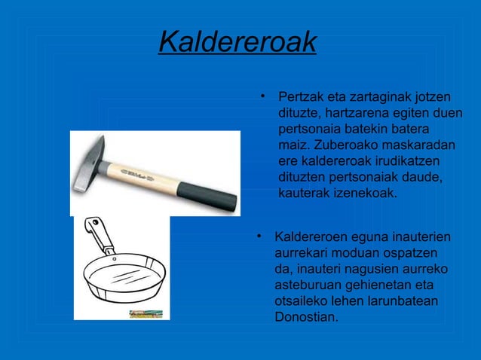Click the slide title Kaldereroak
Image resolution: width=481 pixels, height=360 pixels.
[x=237, y=42]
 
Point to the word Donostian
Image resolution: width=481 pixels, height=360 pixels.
[x=306, y=317]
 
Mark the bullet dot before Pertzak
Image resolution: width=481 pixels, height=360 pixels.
[x=260, y=96]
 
